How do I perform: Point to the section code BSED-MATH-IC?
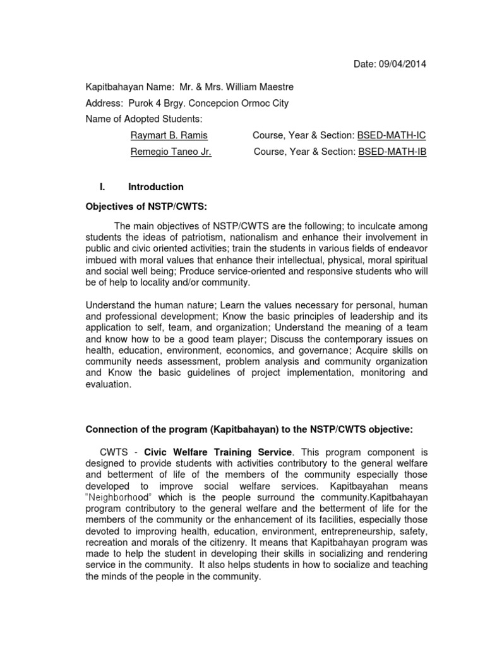click(x=392, y=135)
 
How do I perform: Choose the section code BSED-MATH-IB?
click(x=392, y=152)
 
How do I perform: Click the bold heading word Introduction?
click(x=156, y=187)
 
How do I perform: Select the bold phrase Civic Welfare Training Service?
click(x=218, y=452)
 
